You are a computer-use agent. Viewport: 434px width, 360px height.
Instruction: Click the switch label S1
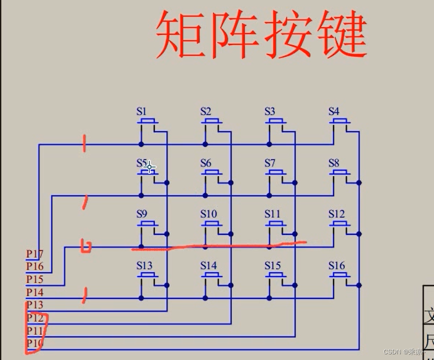coord(142,111)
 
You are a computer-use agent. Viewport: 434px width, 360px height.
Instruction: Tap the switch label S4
coord(334,111)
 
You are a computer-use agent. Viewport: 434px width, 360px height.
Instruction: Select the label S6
coord(206,163)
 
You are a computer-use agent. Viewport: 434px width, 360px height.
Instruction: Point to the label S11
coord(272,214)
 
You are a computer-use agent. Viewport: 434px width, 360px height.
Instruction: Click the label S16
coord(336,266)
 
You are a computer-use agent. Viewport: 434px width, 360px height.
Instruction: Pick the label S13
coord(144,266)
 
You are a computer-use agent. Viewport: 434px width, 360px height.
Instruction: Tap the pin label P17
coord(35,254)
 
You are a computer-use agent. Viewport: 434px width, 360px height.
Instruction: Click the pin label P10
coord(35,343)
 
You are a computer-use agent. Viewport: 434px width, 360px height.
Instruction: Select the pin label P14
coord(35,292)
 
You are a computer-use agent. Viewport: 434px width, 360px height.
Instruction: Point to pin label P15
coord(35,279)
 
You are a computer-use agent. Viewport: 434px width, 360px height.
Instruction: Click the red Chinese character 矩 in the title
coord(181,35)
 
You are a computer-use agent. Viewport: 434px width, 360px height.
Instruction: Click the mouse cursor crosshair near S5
coord(149,167)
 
